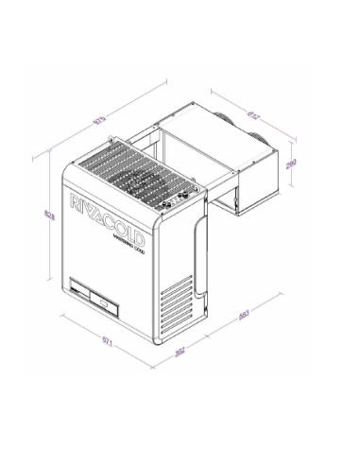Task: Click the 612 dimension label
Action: click(252, 116)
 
